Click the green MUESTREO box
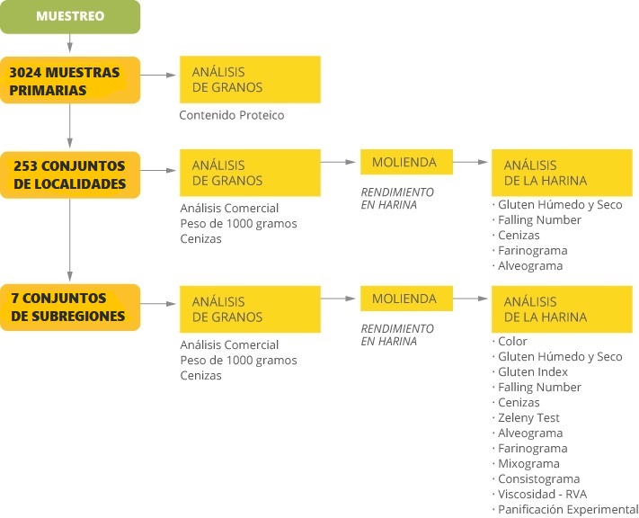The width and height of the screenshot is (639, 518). click(x=70, y=17)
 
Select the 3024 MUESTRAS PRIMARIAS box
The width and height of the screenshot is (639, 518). click(x=70, y=80)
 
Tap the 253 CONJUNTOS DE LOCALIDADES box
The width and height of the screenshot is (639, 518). click(x=70, y=175)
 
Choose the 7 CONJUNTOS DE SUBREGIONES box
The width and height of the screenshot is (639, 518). click(x=70, y=308)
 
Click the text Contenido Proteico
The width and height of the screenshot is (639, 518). click(x=232, y=115)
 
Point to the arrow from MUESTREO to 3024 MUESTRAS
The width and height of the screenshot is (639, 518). click(x=70, y=43)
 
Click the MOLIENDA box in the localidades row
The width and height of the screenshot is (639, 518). click(x=406, y=162)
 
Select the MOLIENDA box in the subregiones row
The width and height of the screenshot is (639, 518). click(x=406, y=299)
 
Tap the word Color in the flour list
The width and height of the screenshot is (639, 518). click(x=512, y=342)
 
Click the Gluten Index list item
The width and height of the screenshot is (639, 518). click(x=533, y=372)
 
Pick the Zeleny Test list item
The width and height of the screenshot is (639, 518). click(x=528, y=417)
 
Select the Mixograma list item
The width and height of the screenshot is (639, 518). click(x=528, y=464)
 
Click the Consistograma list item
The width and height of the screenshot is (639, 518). click(x=538, y=478)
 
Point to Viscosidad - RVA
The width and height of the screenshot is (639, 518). click(x=543, y=495)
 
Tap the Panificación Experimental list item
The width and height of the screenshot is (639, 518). click(x=568, y=509)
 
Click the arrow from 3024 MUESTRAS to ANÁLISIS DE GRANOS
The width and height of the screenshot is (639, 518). click(x=158, y=75)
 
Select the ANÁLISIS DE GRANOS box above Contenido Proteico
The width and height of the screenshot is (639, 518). click(x=250, y=79)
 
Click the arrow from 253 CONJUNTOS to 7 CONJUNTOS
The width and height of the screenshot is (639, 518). click(x=70, y=240)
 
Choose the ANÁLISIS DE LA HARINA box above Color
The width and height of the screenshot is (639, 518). click(x=562, y=309)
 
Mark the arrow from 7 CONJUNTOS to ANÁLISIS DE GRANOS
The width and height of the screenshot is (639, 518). click(x=158, y=304)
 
